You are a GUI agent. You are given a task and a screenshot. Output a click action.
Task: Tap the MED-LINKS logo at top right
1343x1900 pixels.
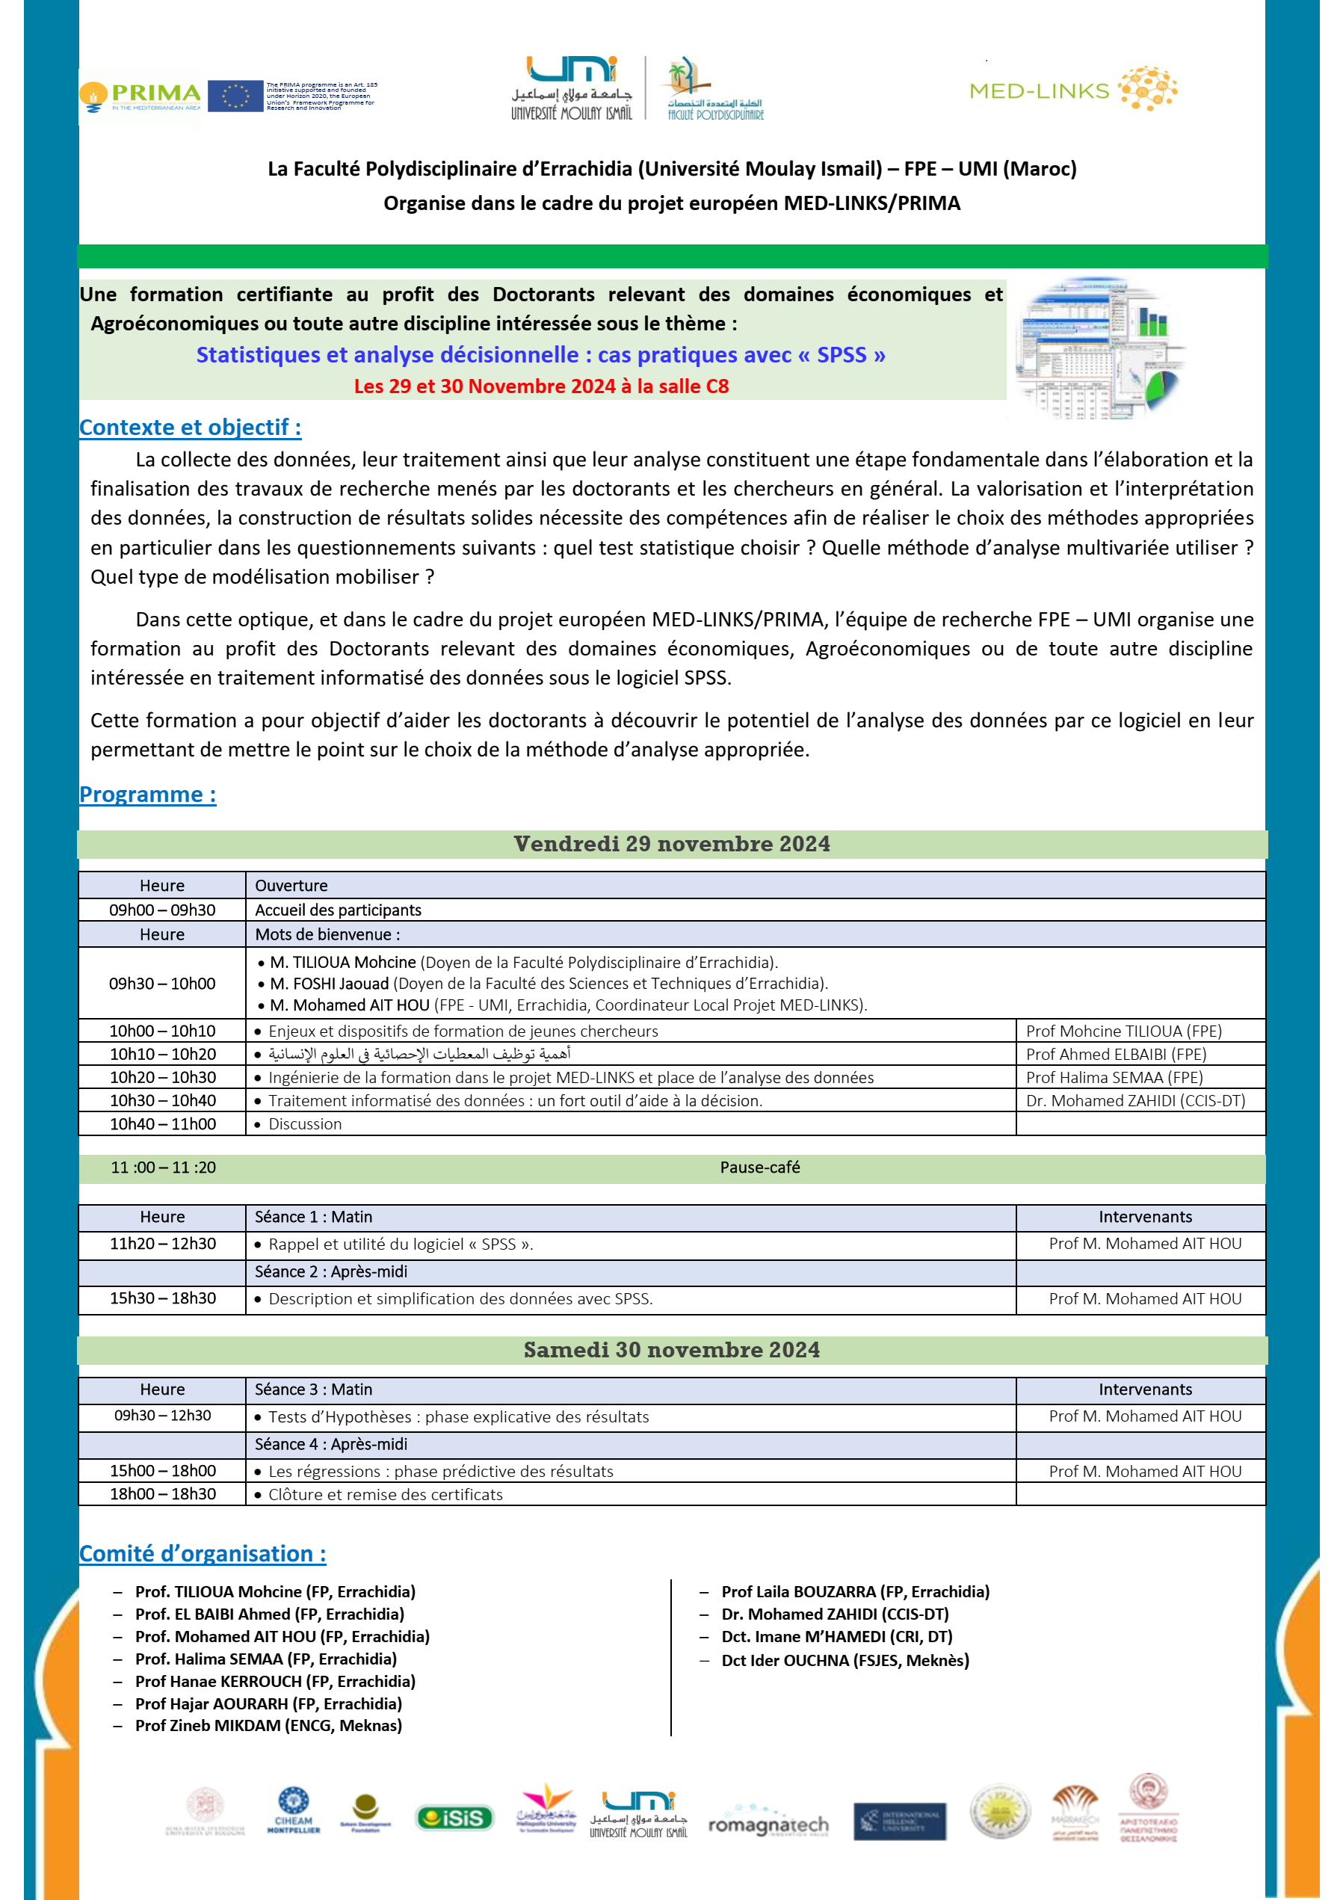tap(1072, 90)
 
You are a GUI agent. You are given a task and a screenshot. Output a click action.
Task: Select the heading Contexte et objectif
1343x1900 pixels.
tap(191, 427)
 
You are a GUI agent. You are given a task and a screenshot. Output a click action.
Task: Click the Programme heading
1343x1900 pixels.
tap(147, 795)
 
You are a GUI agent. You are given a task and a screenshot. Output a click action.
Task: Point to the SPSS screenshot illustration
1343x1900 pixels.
tap(1099, 348)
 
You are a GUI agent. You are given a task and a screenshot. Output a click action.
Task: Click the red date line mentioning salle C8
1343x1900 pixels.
tap(541, 386)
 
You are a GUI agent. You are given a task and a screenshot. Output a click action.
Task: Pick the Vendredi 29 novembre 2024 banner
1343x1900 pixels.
tap(671, 844)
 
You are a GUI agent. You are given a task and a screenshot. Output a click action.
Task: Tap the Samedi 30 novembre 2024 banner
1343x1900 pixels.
tap(671, 1350)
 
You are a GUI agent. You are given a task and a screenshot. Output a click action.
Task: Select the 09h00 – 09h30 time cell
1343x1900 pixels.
tap(162, 910)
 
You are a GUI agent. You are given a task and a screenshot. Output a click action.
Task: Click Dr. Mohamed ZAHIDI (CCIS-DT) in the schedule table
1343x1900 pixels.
tap(1135, 1100)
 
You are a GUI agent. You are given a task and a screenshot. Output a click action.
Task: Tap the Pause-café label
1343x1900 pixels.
tap(759, 1168)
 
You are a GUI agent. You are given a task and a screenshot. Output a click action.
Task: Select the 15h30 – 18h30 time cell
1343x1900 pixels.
tap(163, 1298)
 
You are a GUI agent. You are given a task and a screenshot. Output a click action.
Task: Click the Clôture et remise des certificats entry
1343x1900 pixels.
tap(386, 1495)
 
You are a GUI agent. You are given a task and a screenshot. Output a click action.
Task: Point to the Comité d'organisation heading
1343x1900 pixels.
tap(203, 1554)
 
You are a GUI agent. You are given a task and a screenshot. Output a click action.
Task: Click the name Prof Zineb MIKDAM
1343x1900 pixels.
tap(268, 1725)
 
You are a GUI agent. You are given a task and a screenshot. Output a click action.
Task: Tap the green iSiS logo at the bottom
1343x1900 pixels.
tap(454, 1818)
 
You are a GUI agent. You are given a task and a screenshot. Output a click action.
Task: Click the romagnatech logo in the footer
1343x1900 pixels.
tap(768, 1824)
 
